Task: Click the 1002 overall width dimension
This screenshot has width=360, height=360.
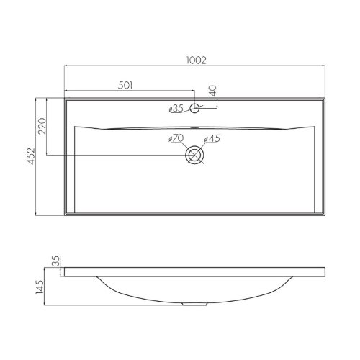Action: coord(197,60)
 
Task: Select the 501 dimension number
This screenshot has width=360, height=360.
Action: coord(125,86)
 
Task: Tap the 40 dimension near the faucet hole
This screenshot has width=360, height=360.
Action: coord(213,91)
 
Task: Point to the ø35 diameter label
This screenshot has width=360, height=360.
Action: coord(176,109)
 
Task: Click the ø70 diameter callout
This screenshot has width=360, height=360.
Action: coord(176,138)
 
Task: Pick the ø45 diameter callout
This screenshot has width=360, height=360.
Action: coord(212,138)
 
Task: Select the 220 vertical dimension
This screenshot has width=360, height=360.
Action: coord(42,126)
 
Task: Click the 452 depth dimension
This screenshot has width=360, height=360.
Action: coord(31,156)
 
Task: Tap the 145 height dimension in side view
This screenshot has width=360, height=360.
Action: coord(40,287)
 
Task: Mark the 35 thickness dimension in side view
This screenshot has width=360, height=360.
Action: coord(55,261)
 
